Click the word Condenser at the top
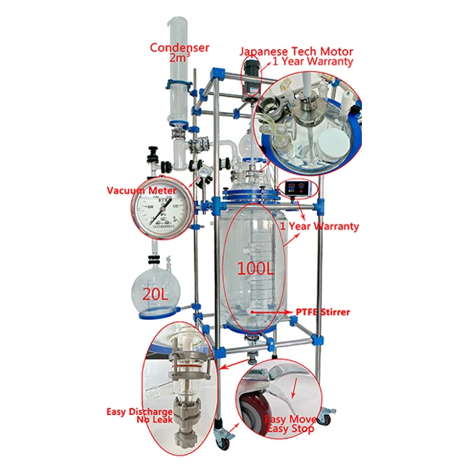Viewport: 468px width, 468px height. click(179, 47)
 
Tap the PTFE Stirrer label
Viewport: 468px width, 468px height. click(322, 312)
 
